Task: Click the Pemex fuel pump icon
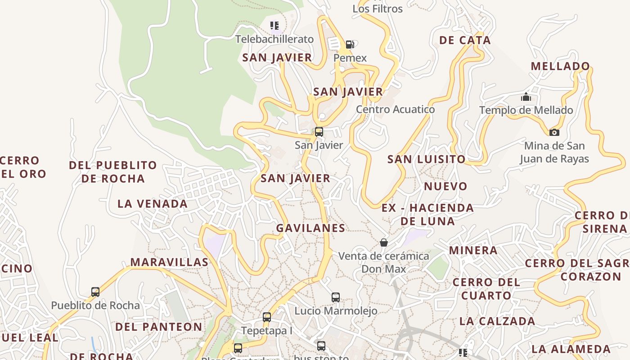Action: (x=350, y=44)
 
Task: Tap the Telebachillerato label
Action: (x=274, y=39)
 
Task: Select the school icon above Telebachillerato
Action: (x=274, y=25)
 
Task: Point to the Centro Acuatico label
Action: (x=395, y=109)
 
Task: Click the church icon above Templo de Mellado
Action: (x=526, y=97)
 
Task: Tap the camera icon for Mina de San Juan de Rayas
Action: (x=554, y=132)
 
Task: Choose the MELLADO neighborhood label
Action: (x=560, y=66)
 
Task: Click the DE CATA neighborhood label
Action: (x=465, y=40)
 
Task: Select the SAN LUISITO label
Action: (x=426, y=159)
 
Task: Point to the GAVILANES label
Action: (x=311, y=228)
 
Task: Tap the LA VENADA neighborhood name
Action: (x=153, y=204)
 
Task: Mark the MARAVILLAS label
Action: (x=170, y=262)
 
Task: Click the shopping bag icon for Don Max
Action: (x=384, y=243)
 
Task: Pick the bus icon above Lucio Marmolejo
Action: (x=336, y=297)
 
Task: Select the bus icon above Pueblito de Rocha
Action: (x=95, y=292)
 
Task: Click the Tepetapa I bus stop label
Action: (x=267, y=331)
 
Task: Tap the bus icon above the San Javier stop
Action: (x=319, y=131)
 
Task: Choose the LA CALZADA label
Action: (x=497, y=321)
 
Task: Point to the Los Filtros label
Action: (x=378, y=9)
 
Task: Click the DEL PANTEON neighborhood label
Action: (x=159, y=327)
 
